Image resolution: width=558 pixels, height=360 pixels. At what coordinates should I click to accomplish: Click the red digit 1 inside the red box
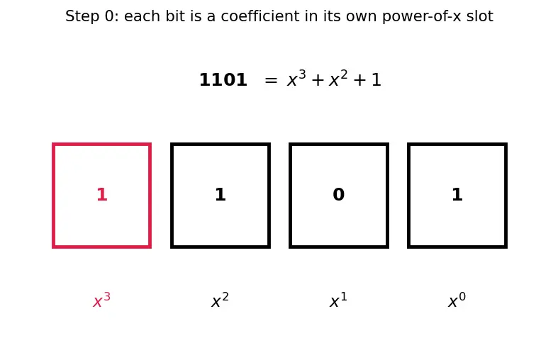coord(102,195)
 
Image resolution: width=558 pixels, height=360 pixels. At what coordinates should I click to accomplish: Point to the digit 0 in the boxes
coord(339,195)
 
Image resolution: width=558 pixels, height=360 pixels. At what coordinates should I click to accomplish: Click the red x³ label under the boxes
coord(102,300)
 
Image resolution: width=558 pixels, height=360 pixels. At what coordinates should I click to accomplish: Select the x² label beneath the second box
coord(221,300)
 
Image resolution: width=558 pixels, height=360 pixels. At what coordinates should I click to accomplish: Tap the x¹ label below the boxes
coord(338,300)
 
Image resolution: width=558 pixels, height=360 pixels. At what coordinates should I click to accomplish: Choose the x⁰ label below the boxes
coord(457,300)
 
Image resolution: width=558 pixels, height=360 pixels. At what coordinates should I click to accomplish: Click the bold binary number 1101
coord(223,79)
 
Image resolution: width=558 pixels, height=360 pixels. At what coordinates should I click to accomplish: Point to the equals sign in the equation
coord(271,80)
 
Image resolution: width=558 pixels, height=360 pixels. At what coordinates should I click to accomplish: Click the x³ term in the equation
coord(296,79)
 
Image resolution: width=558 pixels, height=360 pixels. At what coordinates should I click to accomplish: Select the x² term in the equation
coord(338,79)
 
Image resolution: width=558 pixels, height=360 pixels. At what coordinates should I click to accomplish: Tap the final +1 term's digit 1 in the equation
coord(376,79)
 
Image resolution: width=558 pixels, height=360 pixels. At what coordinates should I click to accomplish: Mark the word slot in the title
coord(480,16)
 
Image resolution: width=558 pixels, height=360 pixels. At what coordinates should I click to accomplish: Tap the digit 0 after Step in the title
coord(109,16)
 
